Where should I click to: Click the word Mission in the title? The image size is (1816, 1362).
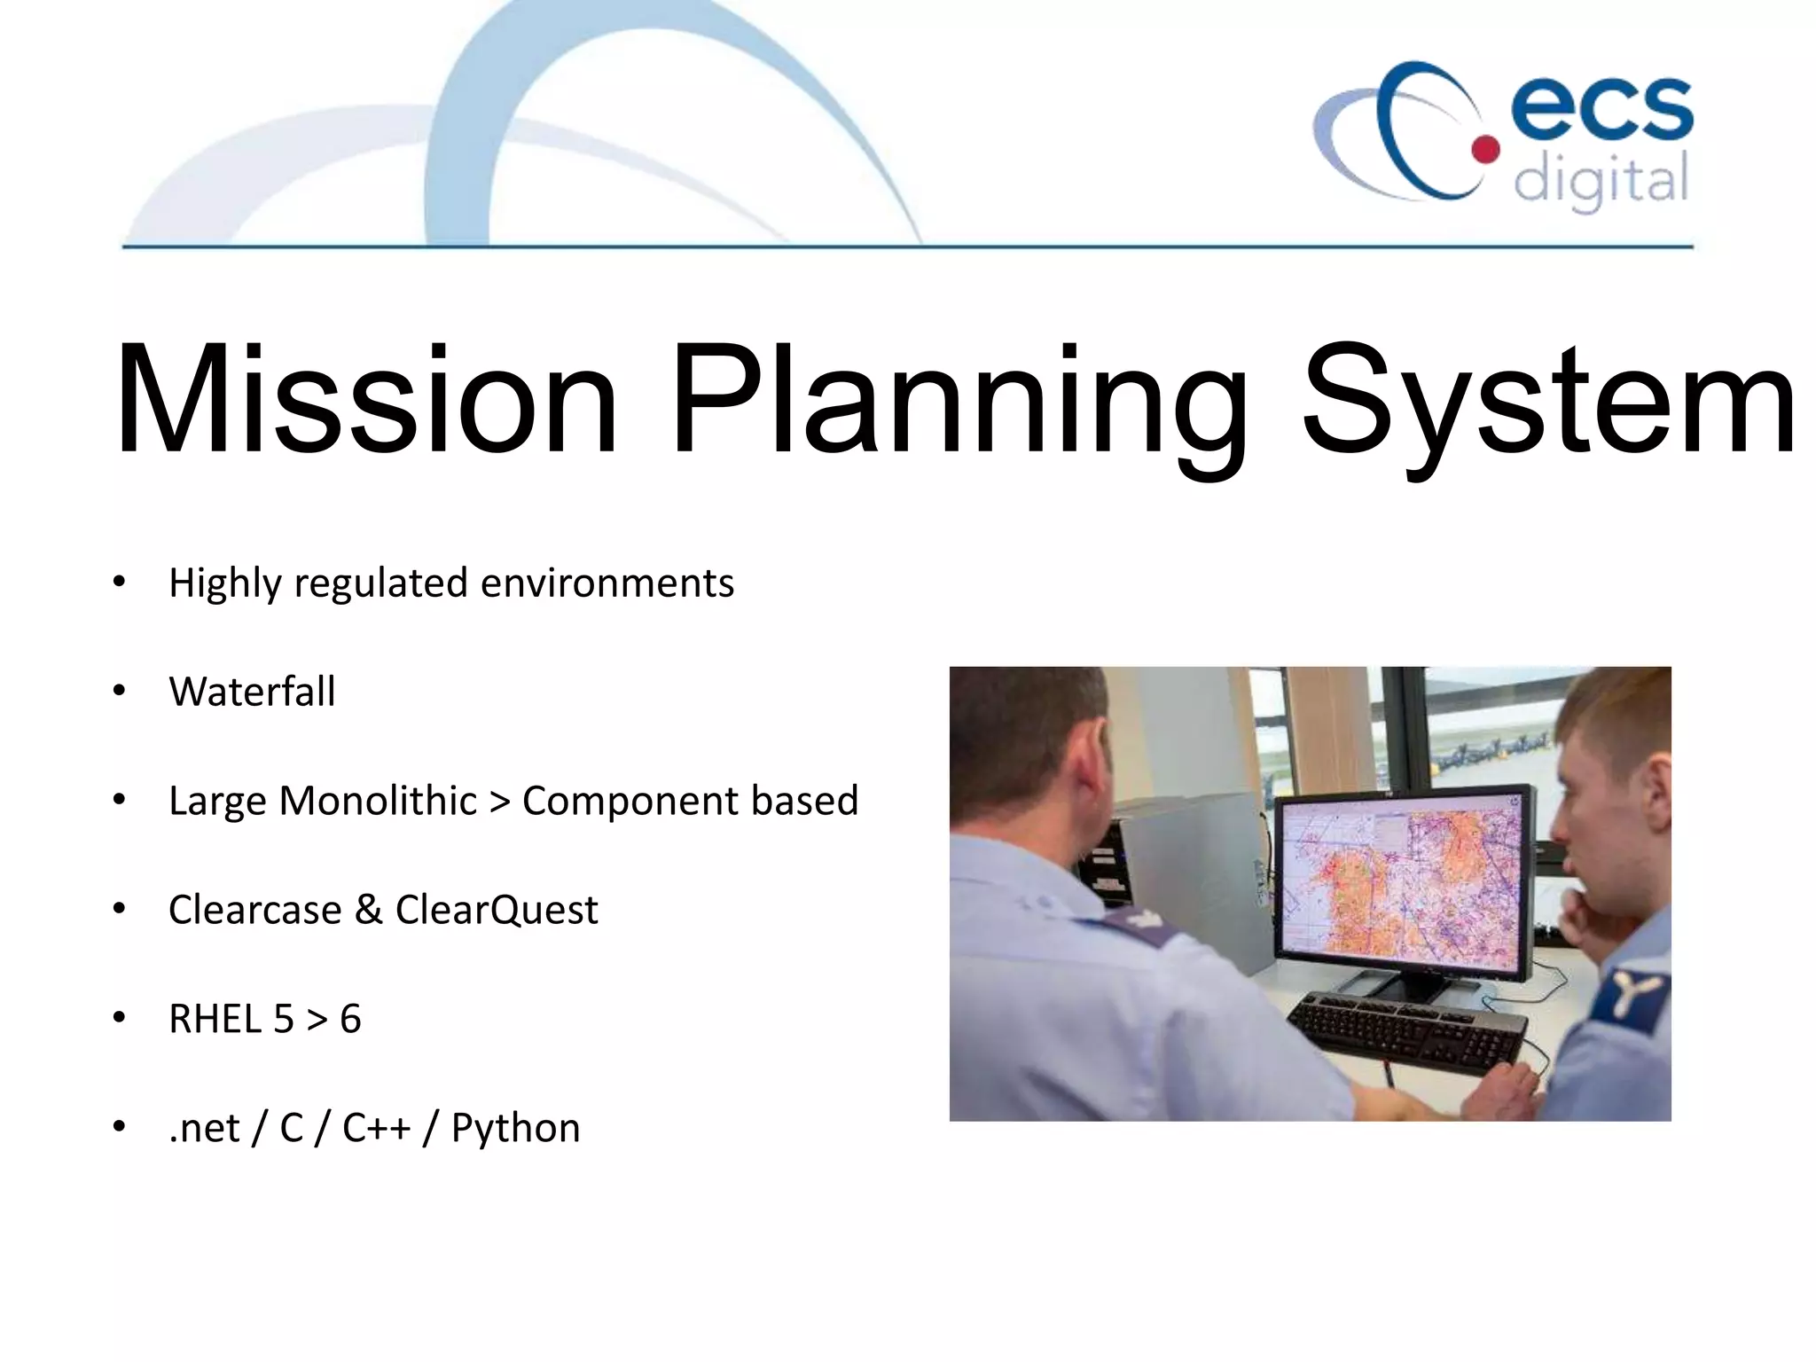(x=365, y=401)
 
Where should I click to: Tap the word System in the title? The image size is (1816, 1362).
(x=1547, y=403)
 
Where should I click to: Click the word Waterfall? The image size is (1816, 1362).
(x=252, y=692)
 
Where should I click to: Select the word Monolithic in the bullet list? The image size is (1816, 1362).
(x=378, y=801)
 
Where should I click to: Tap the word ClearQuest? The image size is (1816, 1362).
(x=497, y=910)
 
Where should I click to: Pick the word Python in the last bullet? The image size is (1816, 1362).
(x=515, y=1128)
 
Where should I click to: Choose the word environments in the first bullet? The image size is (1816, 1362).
(x=607, y=583)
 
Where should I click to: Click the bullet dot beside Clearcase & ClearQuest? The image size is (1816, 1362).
(x=120, y=910)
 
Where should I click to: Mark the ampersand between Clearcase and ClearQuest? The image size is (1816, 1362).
(x=368, y=910)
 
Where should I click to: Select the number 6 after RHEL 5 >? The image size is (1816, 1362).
(x=350, y=1019)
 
